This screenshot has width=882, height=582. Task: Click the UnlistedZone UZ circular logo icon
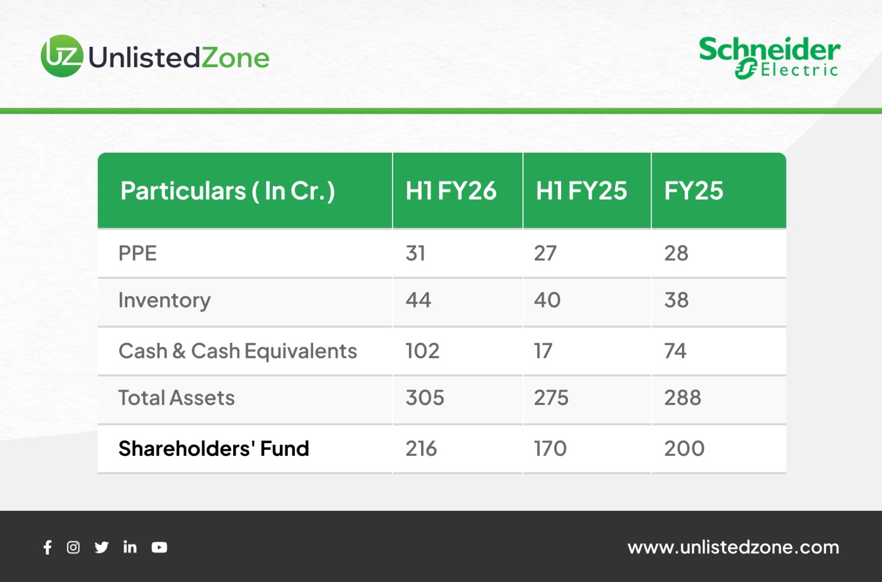pyautogui.click(x=62, y=56)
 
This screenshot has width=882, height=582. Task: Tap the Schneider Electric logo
pyautogui.click(x=770, y=58)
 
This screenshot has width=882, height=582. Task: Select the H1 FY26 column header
pyautogui.click(x=451, y=191)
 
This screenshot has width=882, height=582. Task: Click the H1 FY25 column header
pyautogui.click(x=581, y=191)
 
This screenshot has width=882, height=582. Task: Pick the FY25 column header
pyautogui.click(x=694, y=191)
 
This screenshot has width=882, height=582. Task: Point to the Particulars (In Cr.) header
pyautogui.click(x=228, y=191)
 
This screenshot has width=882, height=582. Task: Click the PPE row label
pyautogui.click(x=137, y=253)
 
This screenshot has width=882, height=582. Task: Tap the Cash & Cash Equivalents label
pyautogui.click(x=238, y=351)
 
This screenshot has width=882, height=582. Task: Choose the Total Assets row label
pyautogui.click(x=176, y=397)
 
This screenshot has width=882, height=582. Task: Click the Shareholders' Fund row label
pyautogui.click(x=213, y=448)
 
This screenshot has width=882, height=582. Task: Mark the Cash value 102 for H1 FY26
pyautogui.click(x=422, y=351)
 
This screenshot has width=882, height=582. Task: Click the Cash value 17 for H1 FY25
pyautogui.click(x=543, y=351)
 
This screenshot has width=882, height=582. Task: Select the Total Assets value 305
pyautogui.click(x=425, y=397)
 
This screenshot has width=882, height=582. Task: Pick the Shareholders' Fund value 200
pyautogui.click(x=684, y=448)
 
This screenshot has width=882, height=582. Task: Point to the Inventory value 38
pyautogui.click(x=676, y=300)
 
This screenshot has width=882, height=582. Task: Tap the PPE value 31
pyautogui.click(x=416, y=253)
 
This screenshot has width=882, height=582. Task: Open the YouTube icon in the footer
pyautogui.click(x=159, y=547)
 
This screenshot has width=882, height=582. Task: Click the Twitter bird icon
pyautogui.click(x=101, y=547)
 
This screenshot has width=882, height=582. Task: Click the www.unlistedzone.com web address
pyautogui.click(x=733, y=547)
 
